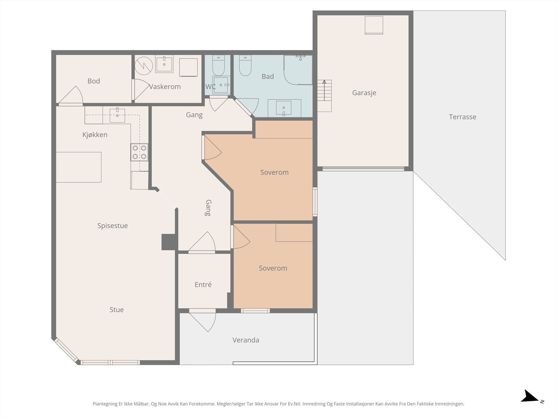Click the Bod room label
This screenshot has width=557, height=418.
tap(94, 81)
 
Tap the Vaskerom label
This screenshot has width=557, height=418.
tap(165, 86)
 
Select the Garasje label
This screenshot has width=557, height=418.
tap(364, 93)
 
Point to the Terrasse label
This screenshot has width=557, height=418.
tap(462, 117)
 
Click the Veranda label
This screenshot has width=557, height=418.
tap(246, 340)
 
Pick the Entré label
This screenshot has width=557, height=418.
tap(203, 285)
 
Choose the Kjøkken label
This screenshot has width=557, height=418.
tap(95, 135)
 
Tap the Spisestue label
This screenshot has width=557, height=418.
tap(112, 226)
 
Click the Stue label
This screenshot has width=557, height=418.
tap(117, 310)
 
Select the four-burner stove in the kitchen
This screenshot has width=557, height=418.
tap(139, 152)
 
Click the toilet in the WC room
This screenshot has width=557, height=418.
tap(218, 65)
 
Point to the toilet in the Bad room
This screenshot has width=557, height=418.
tap(245, 65)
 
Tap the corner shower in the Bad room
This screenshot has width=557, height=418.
tap(298, 70)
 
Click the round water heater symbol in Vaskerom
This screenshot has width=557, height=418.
tap(144, 66)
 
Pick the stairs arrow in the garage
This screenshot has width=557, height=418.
tap(324, 90)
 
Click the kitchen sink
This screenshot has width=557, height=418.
tap(117, 115)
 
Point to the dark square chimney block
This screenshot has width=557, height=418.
tap(168, 242)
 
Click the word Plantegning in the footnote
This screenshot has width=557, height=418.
tap(105, 404)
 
